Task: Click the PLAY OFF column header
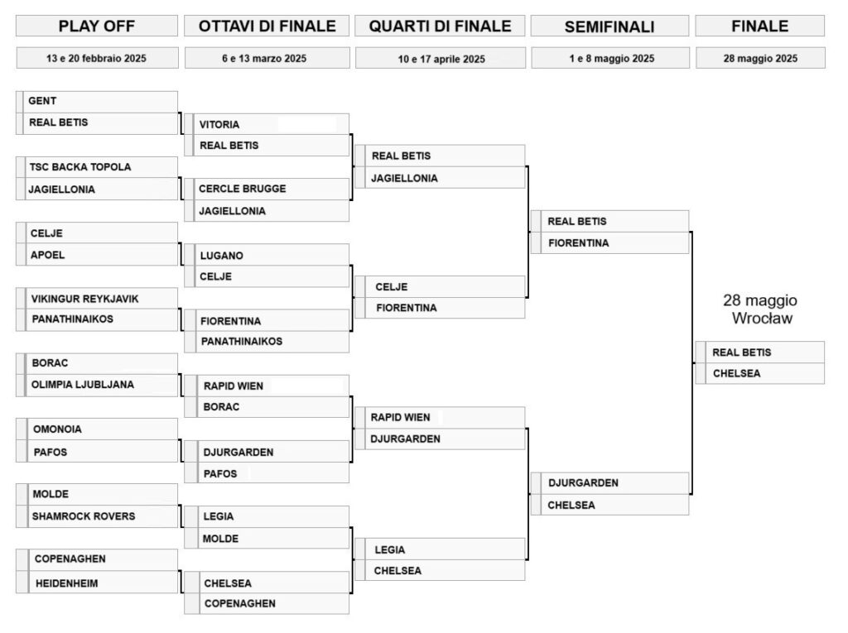97,26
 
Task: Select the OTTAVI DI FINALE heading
267,26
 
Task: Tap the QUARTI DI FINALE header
440,26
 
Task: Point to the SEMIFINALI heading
609,26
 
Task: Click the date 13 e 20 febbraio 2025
97,59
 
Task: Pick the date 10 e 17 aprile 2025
441,59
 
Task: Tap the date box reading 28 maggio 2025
760,59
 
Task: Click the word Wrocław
762,318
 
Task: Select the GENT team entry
42,101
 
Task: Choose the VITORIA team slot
219,124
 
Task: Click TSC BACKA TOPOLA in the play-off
80,167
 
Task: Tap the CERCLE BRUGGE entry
243,189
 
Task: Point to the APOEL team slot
47,255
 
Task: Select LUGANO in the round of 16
221,256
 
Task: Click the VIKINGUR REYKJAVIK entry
85,299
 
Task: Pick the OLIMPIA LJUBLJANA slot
83,385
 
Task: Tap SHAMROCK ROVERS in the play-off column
84,516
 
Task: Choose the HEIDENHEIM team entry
66,583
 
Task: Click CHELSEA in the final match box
736,373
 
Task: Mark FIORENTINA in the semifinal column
578,243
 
